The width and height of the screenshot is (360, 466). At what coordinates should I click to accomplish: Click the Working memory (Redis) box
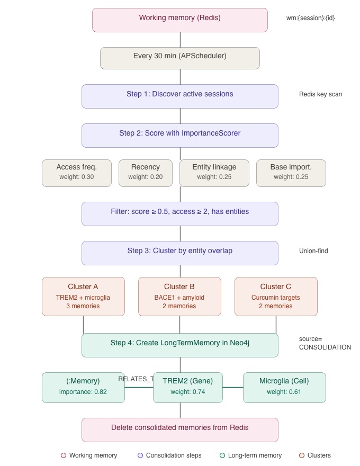click(x=180, y=20)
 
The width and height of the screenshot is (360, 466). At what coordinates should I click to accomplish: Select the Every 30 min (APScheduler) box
click(x=180, y=58)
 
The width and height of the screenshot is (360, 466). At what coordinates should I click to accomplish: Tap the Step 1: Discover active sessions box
click(x=180, y=96)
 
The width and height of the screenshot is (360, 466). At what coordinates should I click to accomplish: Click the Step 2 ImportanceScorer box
click(x=180, y=136)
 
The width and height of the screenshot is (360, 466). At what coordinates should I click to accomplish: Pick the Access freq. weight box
click(x=77, y=173)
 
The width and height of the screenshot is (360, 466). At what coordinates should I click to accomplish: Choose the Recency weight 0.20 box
click(x=146, y=173)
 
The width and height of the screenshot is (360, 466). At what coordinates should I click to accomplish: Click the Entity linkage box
click(x=214, y=173)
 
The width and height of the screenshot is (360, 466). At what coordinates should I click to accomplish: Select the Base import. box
click(x=291, y=173)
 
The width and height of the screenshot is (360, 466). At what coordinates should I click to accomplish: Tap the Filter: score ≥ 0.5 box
click(x=180, y=214)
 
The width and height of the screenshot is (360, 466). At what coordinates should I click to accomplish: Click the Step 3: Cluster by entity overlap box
click(x=180, y=253)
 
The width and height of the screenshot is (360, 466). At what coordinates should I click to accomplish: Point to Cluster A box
click(x=83, y=297)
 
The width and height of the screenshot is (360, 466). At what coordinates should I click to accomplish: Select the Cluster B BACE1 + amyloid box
click(x=179, y=297)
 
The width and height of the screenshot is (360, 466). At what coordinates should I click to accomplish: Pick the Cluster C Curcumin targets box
click(x=276, y=297)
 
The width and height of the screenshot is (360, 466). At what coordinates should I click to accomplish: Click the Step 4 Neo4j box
click(x=180, y=345)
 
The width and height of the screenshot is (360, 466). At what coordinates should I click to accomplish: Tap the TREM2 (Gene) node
click(x=188, y=387)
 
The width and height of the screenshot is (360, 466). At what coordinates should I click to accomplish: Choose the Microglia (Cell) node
click(x=284, y=387)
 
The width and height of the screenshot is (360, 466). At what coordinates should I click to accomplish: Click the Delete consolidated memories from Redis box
click(x=180, y=429)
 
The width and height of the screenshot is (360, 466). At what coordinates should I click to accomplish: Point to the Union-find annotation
click(x=313, y=251)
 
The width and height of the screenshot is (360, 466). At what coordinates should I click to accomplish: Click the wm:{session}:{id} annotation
click(x=311, y=18)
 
